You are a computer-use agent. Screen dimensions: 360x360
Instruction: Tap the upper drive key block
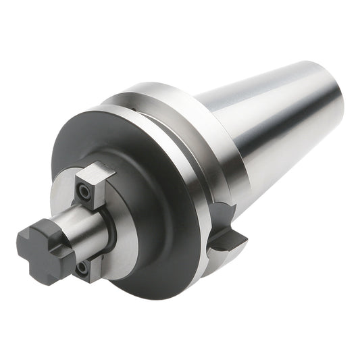point(91,184)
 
